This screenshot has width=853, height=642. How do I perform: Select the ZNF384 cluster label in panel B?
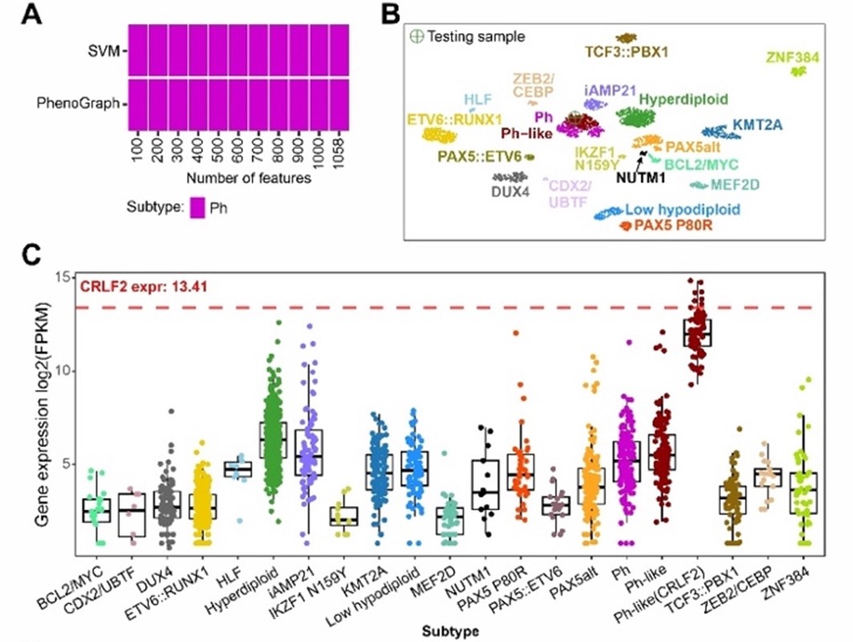point(796,55)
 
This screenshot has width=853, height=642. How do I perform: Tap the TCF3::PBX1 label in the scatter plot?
point(623,52)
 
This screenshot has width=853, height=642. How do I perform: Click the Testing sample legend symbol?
point(415,36)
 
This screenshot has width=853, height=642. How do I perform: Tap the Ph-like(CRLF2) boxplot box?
point(697,332)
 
